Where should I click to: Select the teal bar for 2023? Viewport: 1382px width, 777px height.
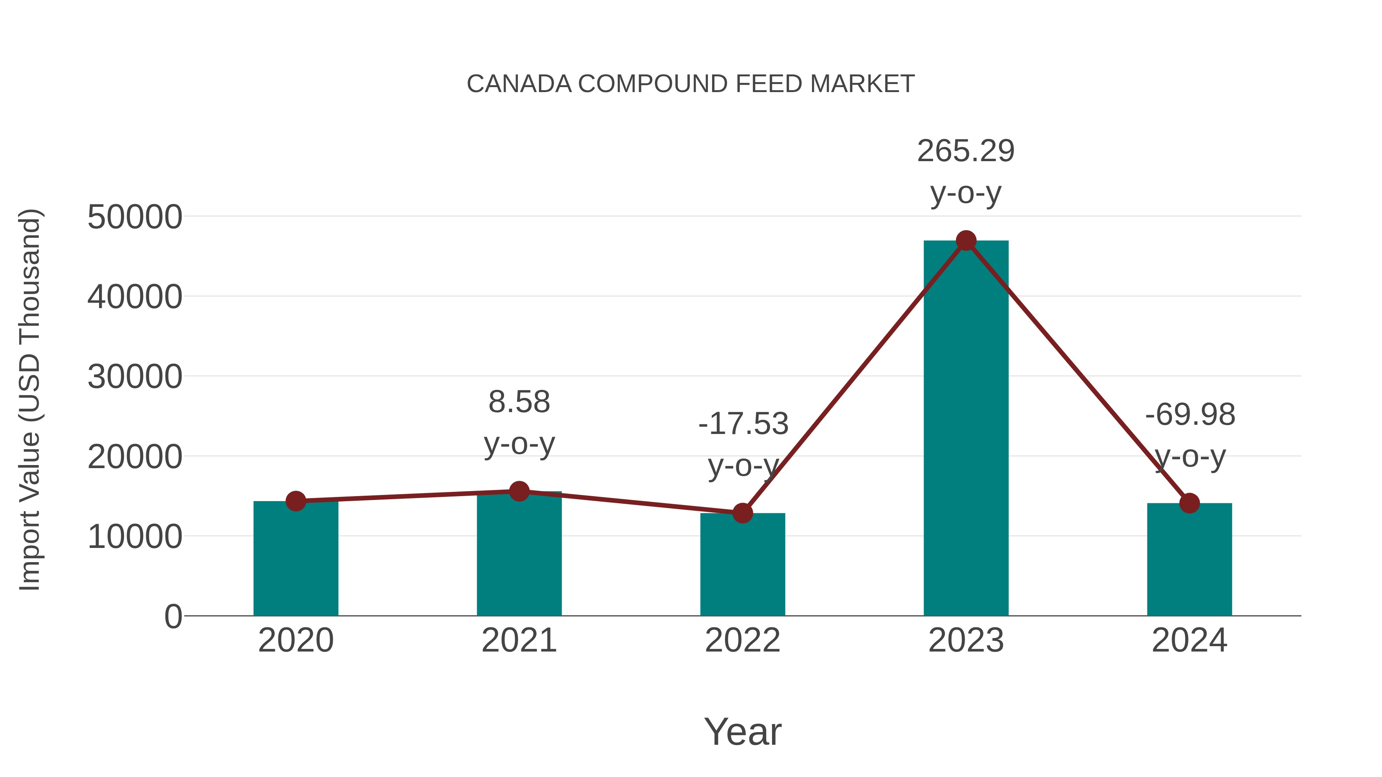pos(966,429)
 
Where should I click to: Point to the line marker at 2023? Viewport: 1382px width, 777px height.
pos(966,241)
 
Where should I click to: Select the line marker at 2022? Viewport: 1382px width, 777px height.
pos(742,513)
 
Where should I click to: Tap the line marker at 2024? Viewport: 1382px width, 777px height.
pos(1189,503)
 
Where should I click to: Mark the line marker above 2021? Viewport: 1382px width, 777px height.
pos(519,491)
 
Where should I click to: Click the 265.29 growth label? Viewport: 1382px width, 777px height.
pos(966,151)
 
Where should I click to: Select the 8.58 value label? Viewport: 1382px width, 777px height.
pos(519,402)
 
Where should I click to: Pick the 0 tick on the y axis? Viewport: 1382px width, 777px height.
pos(173,616)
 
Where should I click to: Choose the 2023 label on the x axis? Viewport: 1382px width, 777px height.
pos(966,640)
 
